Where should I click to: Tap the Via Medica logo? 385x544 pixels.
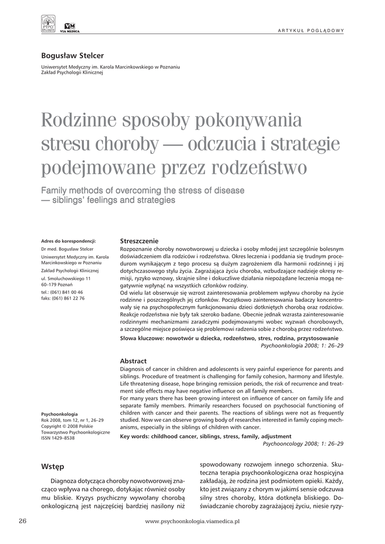[x=69, y=28]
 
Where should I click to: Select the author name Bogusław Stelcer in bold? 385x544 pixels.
[x=72, y=56]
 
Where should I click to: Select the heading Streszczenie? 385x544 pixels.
[x=139, y=241]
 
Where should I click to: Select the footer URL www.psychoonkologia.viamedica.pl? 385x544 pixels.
[x=192, y=522]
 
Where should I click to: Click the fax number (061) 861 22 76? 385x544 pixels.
[x=70, y=299]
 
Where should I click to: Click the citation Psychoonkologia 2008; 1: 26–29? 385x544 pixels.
[x=302, y=345]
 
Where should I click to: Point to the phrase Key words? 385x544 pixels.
[x=137, y=436]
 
